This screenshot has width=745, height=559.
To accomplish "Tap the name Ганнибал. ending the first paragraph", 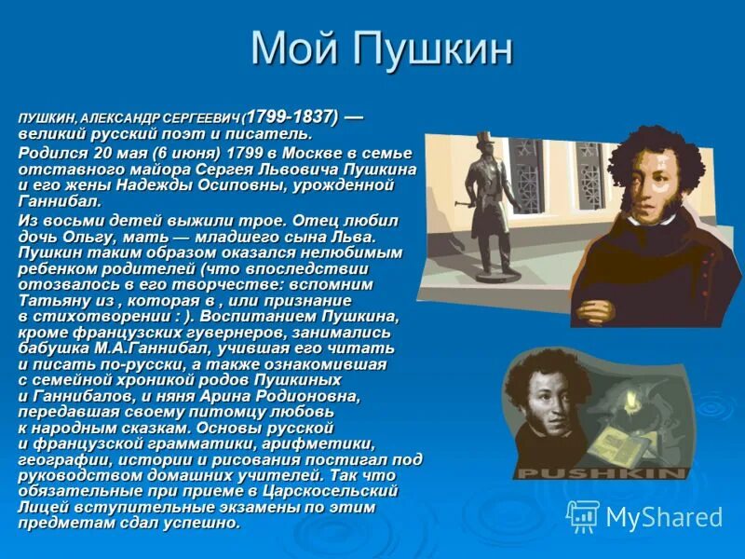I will pos(59,200).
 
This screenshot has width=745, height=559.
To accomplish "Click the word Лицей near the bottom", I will pos(41,507).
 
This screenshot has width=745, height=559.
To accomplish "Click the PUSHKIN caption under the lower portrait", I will pos(601,473).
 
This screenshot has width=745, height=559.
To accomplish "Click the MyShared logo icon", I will pos(583,516).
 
